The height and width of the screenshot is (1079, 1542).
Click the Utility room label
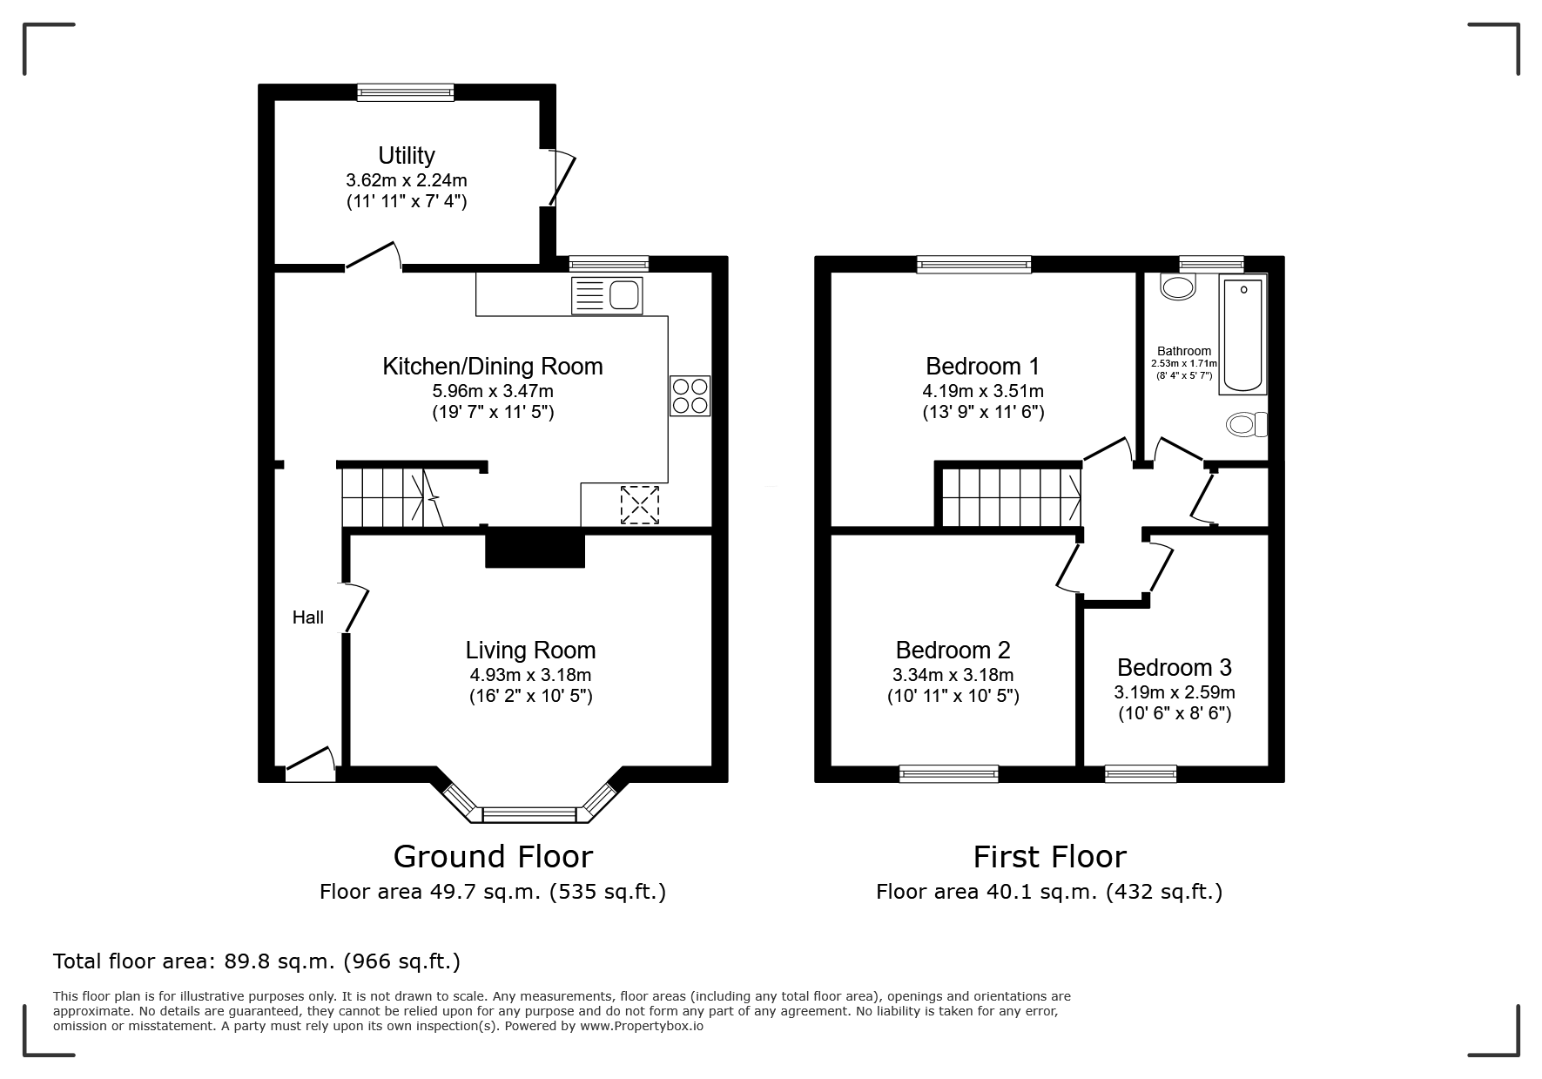407,155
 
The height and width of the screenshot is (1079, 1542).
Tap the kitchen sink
606,295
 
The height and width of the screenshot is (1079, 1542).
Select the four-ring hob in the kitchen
690,395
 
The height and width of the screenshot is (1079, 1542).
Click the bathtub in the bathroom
1243,334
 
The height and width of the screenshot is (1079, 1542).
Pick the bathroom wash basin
1179,287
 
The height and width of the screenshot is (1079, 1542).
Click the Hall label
308,617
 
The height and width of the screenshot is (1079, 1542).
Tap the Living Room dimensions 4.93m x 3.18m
530,675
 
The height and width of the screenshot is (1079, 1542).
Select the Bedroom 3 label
1175,667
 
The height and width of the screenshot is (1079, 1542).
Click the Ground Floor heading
493,857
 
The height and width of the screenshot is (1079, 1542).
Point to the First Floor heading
1049,857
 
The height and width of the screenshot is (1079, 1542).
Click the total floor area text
257,961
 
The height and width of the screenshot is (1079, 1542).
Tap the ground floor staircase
392,497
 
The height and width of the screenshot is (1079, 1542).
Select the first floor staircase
1012,497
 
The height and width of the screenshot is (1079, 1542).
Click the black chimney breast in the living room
535,548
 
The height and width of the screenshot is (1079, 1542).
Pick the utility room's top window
406,92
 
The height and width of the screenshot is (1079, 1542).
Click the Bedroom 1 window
974,264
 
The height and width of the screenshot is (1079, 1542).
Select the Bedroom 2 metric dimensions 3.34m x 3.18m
953,675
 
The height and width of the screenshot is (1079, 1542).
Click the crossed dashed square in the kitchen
640,505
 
